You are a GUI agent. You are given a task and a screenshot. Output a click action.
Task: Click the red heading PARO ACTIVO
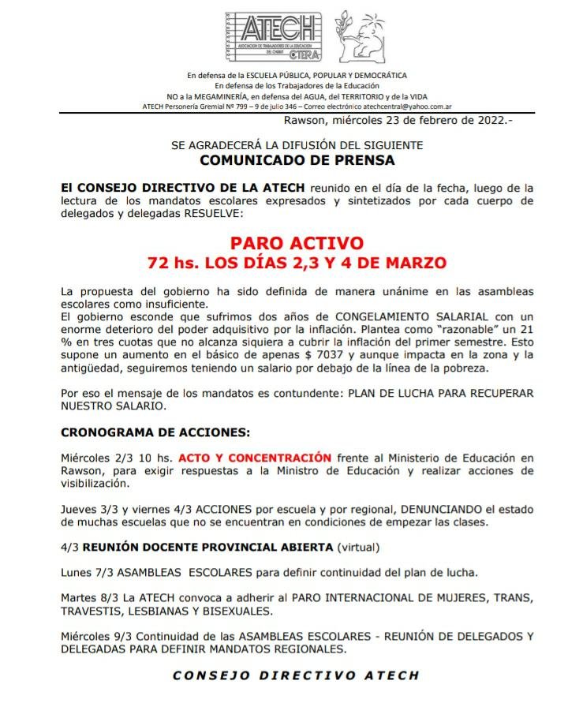tap(297, 243)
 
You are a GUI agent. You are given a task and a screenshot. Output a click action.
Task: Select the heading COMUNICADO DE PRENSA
tap(297, 160)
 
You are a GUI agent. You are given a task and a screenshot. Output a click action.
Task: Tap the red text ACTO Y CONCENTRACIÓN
tap(255, 457)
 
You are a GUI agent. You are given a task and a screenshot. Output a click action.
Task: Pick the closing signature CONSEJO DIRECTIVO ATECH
tap(296, 675)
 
